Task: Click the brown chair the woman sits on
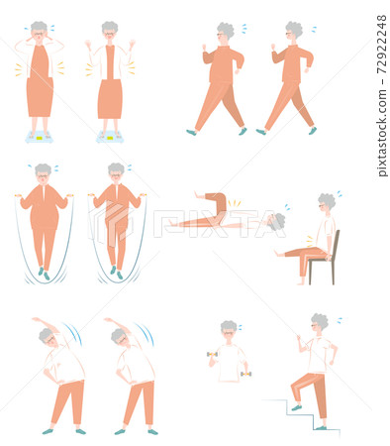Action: [x=334, y=258]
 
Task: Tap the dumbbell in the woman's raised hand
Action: [x=212, y=354]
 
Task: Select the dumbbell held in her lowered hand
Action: [x=246, y=374]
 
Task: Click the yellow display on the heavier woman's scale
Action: [x=40, y=138]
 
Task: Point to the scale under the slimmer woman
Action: [x=110, y=137]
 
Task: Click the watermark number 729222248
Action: [x=381, y=45]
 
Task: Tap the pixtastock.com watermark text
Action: [x=382, y=133]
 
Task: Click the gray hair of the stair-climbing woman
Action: [x=321, y=320]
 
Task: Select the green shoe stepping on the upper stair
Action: [x=296, y=407]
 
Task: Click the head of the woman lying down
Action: [x=276, y=222]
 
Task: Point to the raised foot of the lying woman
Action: [x=198, y=195]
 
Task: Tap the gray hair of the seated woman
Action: [x=327, y=201]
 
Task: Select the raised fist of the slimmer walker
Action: [x=273, y=47]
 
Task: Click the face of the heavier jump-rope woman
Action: [x=43, y=178]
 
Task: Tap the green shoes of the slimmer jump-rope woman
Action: [x=116, y=273]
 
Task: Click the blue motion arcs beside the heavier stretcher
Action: [x=73, y=333]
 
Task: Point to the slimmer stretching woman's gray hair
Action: [x=117, y=335]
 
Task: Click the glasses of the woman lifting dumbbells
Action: [x=229, y=333]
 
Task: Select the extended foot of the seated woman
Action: [x=279, y=254]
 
